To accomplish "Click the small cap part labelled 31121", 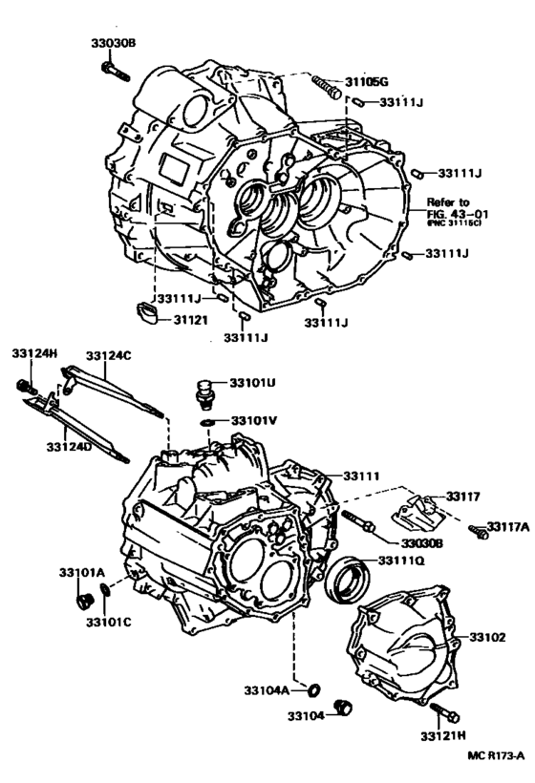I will click(149, 312).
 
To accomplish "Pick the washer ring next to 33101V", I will click(207, 421).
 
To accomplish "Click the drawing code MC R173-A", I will click(496, 755).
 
